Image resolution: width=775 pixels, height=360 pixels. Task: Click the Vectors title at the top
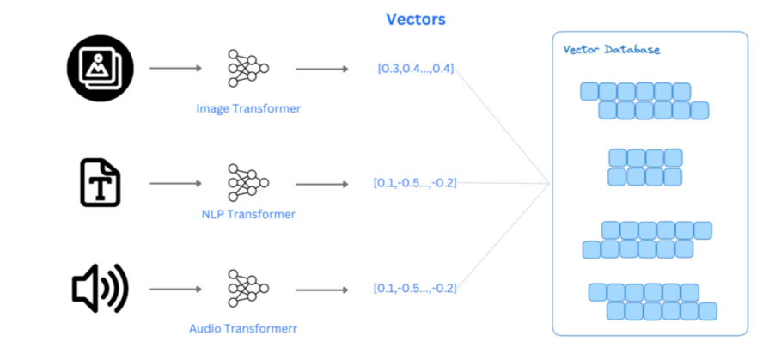click(x=415, y=19)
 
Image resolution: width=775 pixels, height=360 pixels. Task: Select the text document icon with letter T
click(x=101, y=183)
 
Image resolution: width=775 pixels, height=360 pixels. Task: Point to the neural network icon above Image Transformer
click(x=247, y=68)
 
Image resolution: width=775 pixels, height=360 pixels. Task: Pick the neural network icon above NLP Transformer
click(x=247, y=183)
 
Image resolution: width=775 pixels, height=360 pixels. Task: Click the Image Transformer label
click(x=248, y=109)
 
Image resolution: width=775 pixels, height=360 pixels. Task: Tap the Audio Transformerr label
click(x=247, y=328)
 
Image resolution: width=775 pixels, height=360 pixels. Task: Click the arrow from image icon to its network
click(x=174, y=68)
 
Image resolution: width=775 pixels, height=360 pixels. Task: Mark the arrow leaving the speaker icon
click(x=174, y=288)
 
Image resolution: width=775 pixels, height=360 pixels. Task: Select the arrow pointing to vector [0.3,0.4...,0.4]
click(x=321, y=68)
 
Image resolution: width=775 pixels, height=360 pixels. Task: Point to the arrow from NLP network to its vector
click(x=321, y=183)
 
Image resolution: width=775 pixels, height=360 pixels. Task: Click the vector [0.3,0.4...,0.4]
click(x=416, y=69)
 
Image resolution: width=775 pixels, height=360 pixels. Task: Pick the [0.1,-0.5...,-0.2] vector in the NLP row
click(x=415, y=183)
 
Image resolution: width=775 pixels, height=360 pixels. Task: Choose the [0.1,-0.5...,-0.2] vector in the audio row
click(x=415, y=288)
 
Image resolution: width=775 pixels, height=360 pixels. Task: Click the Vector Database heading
click(x=611, y=50)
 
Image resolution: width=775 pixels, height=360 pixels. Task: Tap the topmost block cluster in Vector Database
click(x=644, y=101)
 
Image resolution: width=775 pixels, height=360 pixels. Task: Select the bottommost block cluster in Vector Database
click(x=652, y=302)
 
